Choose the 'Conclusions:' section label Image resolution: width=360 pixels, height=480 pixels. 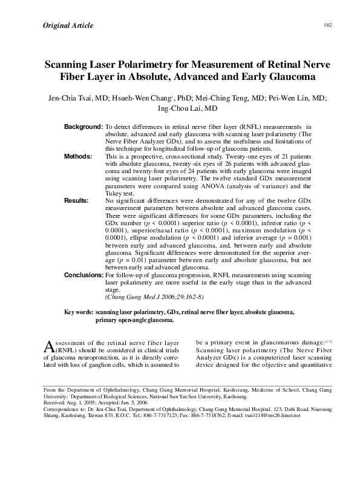(x=84, y=275)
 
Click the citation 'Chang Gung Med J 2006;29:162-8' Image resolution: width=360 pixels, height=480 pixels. (x=154, y=297)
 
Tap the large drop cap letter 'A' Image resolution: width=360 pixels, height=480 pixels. (x=50, y=347)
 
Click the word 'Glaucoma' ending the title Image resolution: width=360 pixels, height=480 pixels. (x=289, y=78)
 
